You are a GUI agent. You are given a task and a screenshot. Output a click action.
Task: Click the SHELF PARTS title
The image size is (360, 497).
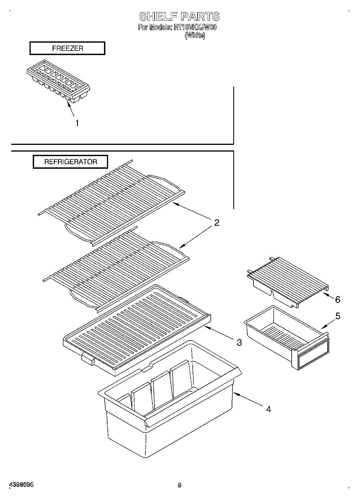(x=179, y=17)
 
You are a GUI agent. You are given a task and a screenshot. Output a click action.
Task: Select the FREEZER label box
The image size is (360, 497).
(x=68, y=48)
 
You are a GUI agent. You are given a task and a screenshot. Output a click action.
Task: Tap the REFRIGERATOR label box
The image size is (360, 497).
(x=71, y=162)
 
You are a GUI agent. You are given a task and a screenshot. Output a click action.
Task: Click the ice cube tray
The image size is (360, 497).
(x=58, y=81)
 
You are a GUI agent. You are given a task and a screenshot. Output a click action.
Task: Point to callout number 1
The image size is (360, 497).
(x=77, y=123)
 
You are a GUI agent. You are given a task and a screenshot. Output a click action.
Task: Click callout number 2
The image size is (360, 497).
(x=216, y=223)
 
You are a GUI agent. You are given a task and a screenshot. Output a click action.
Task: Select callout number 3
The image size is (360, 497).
(x=239, y=343)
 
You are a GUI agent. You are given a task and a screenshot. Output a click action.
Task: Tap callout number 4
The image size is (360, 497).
(x=268, y=409)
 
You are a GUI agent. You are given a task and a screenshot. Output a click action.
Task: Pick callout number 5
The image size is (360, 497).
(x=338, y=316)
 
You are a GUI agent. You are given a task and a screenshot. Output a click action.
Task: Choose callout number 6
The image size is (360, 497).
(x=338, y=299)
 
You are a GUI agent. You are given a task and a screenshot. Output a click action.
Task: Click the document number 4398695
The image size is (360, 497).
(x=21, y=485)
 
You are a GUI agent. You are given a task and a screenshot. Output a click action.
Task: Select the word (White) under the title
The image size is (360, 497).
(x=195, y=36)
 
